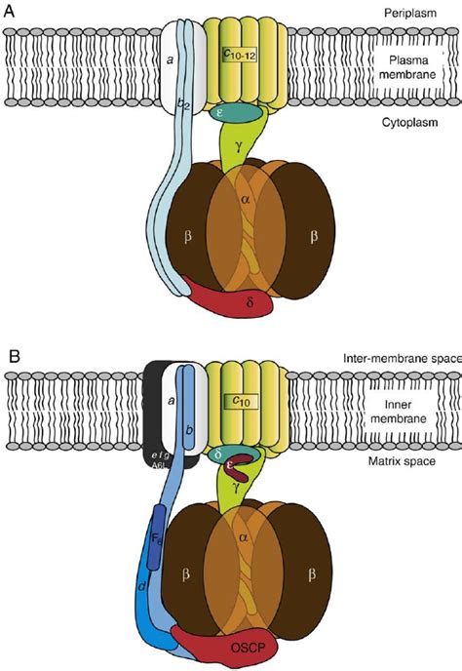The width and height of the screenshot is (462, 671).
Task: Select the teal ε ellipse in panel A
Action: [236, 114]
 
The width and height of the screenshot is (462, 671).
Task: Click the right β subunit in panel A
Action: [315, 236]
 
